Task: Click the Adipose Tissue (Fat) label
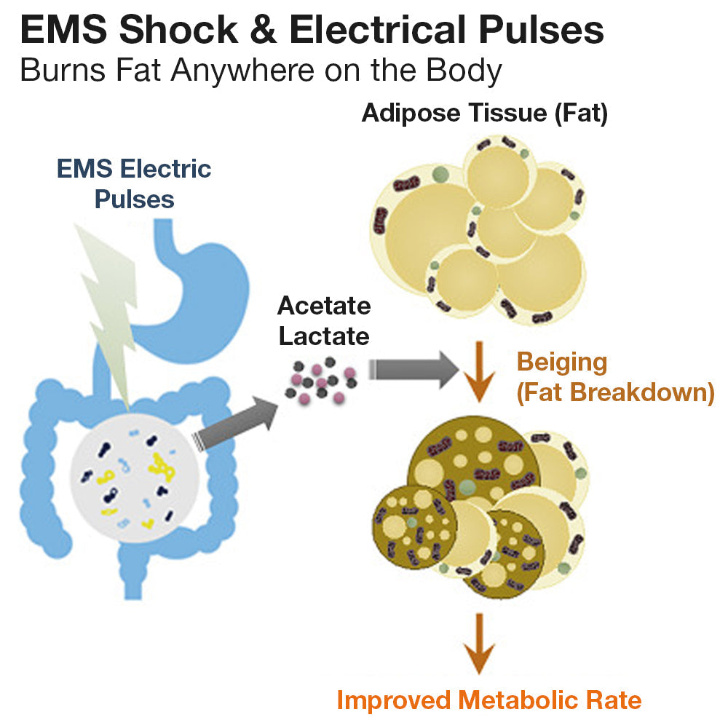coord(484,114)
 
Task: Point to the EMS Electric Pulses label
coord(134,183)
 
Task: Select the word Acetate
coord(324,306)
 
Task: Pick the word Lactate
coord(324,336)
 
